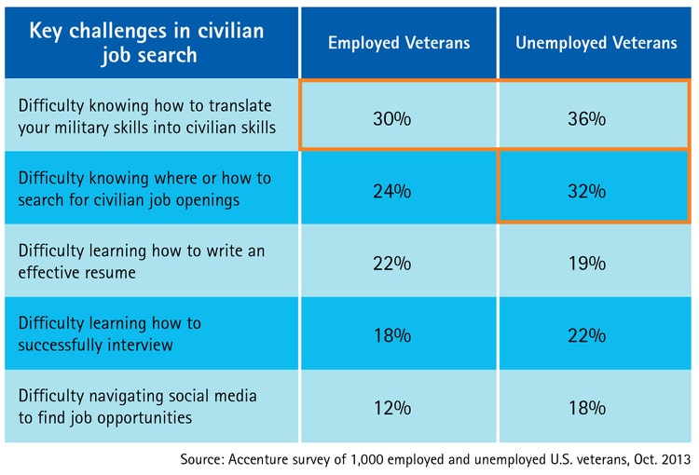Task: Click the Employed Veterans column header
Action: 397,42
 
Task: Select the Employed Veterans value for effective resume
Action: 397,264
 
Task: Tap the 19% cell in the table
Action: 594,264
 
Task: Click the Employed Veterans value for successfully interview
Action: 397,335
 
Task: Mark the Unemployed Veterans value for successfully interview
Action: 594,335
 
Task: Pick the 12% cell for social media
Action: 397,407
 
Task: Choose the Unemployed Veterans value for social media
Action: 594,407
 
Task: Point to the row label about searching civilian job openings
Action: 144,187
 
